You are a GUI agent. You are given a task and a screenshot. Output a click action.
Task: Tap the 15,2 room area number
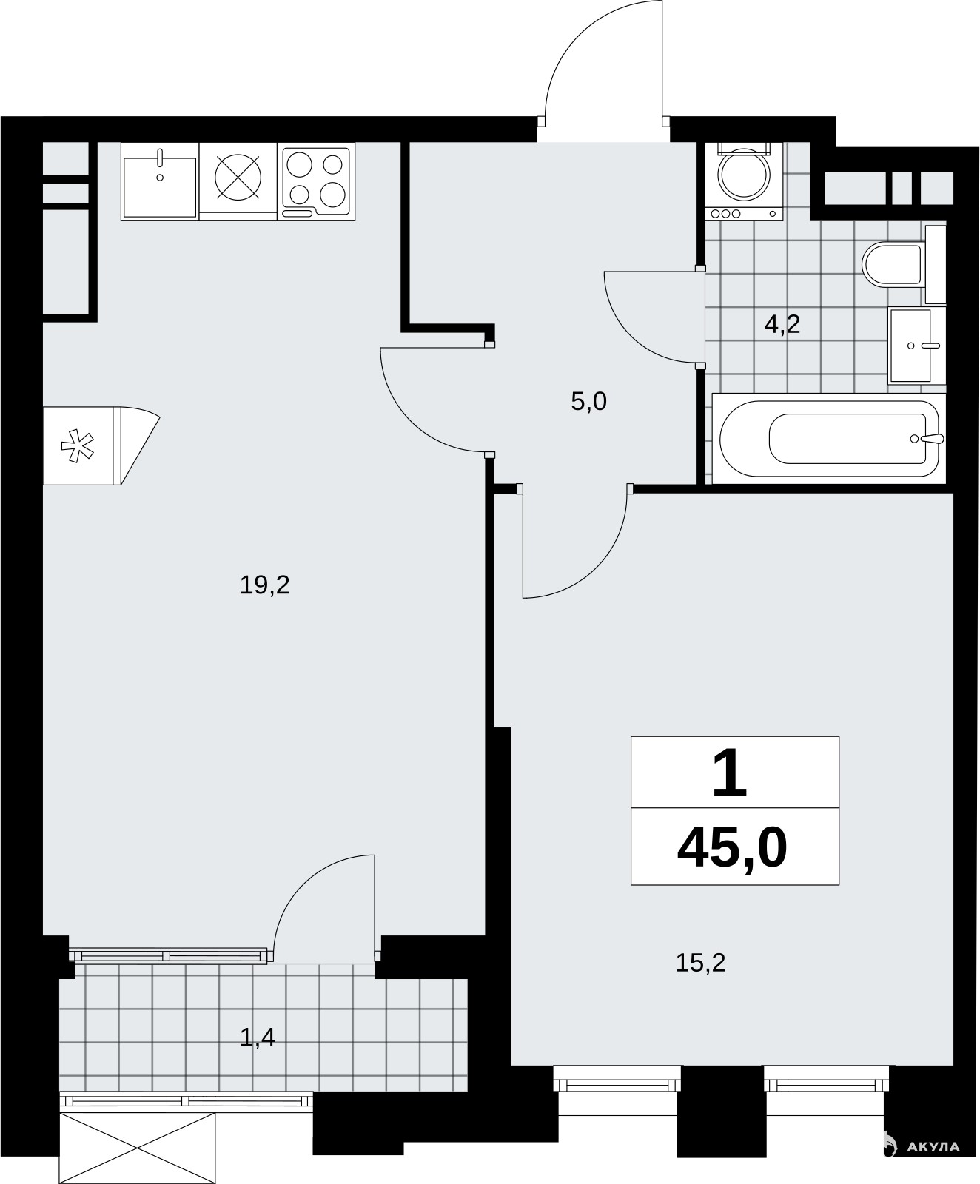[700, 963]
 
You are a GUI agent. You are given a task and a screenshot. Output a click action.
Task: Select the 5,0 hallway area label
[588, 402]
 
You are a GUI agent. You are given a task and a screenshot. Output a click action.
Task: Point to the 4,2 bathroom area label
[782, 324]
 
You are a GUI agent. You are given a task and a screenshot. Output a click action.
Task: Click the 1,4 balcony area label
[258, 1038]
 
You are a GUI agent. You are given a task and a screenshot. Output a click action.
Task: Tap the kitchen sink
[160, 181]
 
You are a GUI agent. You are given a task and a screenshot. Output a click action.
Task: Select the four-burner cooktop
[317, 181]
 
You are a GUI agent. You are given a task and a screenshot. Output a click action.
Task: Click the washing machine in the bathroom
[745, 181]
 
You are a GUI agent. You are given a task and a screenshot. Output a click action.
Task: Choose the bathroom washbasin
[916, 346]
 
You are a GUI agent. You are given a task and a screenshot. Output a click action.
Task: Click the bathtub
[829, 438]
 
